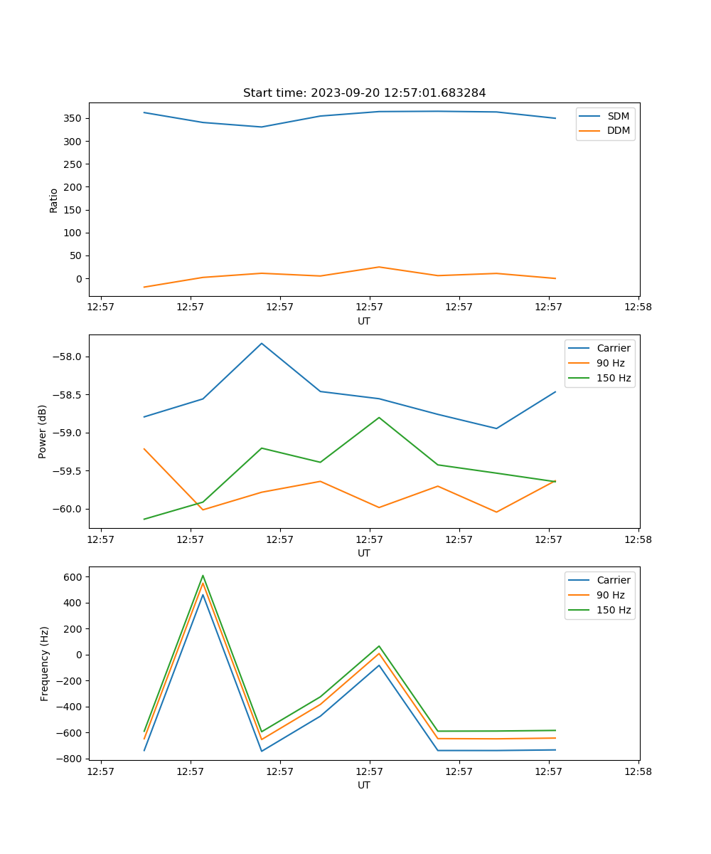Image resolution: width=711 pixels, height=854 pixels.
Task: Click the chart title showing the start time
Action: coord(364,93)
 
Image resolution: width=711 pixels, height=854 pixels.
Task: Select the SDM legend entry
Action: coord(618,116)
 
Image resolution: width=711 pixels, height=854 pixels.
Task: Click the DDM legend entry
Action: coord(618,130)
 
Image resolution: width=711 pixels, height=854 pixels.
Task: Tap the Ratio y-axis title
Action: coord(54,200)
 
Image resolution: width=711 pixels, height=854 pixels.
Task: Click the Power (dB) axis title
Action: coord(43,431)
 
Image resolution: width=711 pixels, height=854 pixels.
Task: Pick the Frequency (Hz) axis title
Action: coord(45,663)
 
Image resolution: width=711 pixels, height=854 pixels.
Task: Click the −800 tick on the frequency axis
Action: coord(71,759)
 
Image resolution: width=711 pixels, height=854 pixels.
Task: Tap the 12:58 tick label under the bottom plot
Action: coord(638,770)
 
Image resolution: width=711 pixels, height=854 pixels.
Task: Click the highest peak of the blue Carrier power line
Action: coord(262,343)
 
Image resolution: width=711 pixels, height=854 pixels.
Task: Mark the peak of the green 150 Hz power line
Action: coord(379,417)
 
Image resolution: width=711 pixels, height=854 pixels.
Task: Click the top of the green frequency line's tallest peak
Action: coord(203,576)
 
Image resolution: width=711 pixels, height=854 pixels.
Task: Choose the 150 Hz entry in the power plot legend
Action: coord(614,378)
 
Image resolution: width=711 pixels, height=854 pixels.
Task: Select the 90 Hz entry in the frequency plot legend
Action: coord(611,595)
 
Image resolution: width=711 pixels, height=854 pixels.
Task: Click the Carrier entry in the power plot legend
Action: coord(614,348)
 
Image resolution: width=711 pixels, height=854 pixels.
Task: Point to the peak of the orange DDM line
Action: coord(379,267)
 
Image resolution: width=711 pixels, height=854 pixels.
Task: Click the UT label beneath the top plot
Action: coord(364,321)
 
